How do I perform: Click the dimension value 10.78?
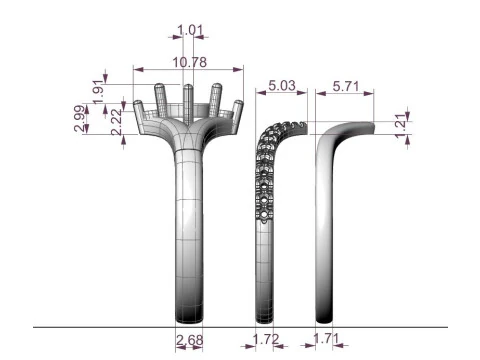coord(189,62)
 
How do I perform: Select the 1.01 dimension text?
coord(190,30)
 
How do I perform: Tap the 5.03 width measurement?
coord(282,86)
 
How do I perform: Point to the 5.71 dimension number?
coord(346,86)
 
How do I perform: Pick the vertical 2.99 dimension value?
coord(80,118)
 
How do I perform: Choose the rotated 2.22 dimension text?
coord(117,122)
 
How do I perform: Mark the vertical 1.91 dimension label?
coord(98,92)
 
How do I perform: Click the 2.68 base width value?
coord(189,340)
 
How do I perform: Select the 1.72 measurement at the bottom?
coord(266,339)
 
